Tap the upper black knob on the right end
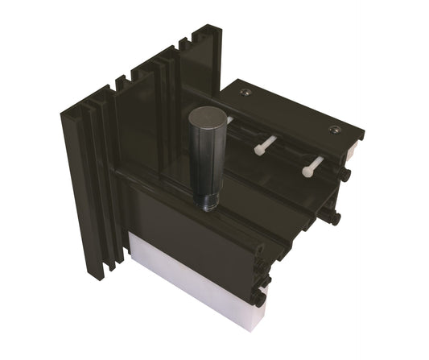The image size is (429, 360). coord(345,174)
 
